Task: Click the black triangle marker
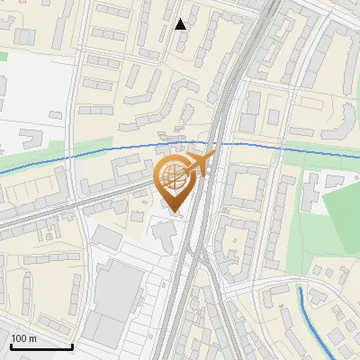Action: (181, 24)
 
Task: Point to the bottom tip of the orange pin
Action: (173, 213)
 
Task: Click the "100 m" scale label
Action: (23, 338)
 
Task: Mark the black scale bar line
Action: (41, 346)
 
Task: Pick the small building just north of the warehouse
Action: (107, 238)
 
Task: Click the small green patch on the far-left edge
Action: (3, 56)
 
